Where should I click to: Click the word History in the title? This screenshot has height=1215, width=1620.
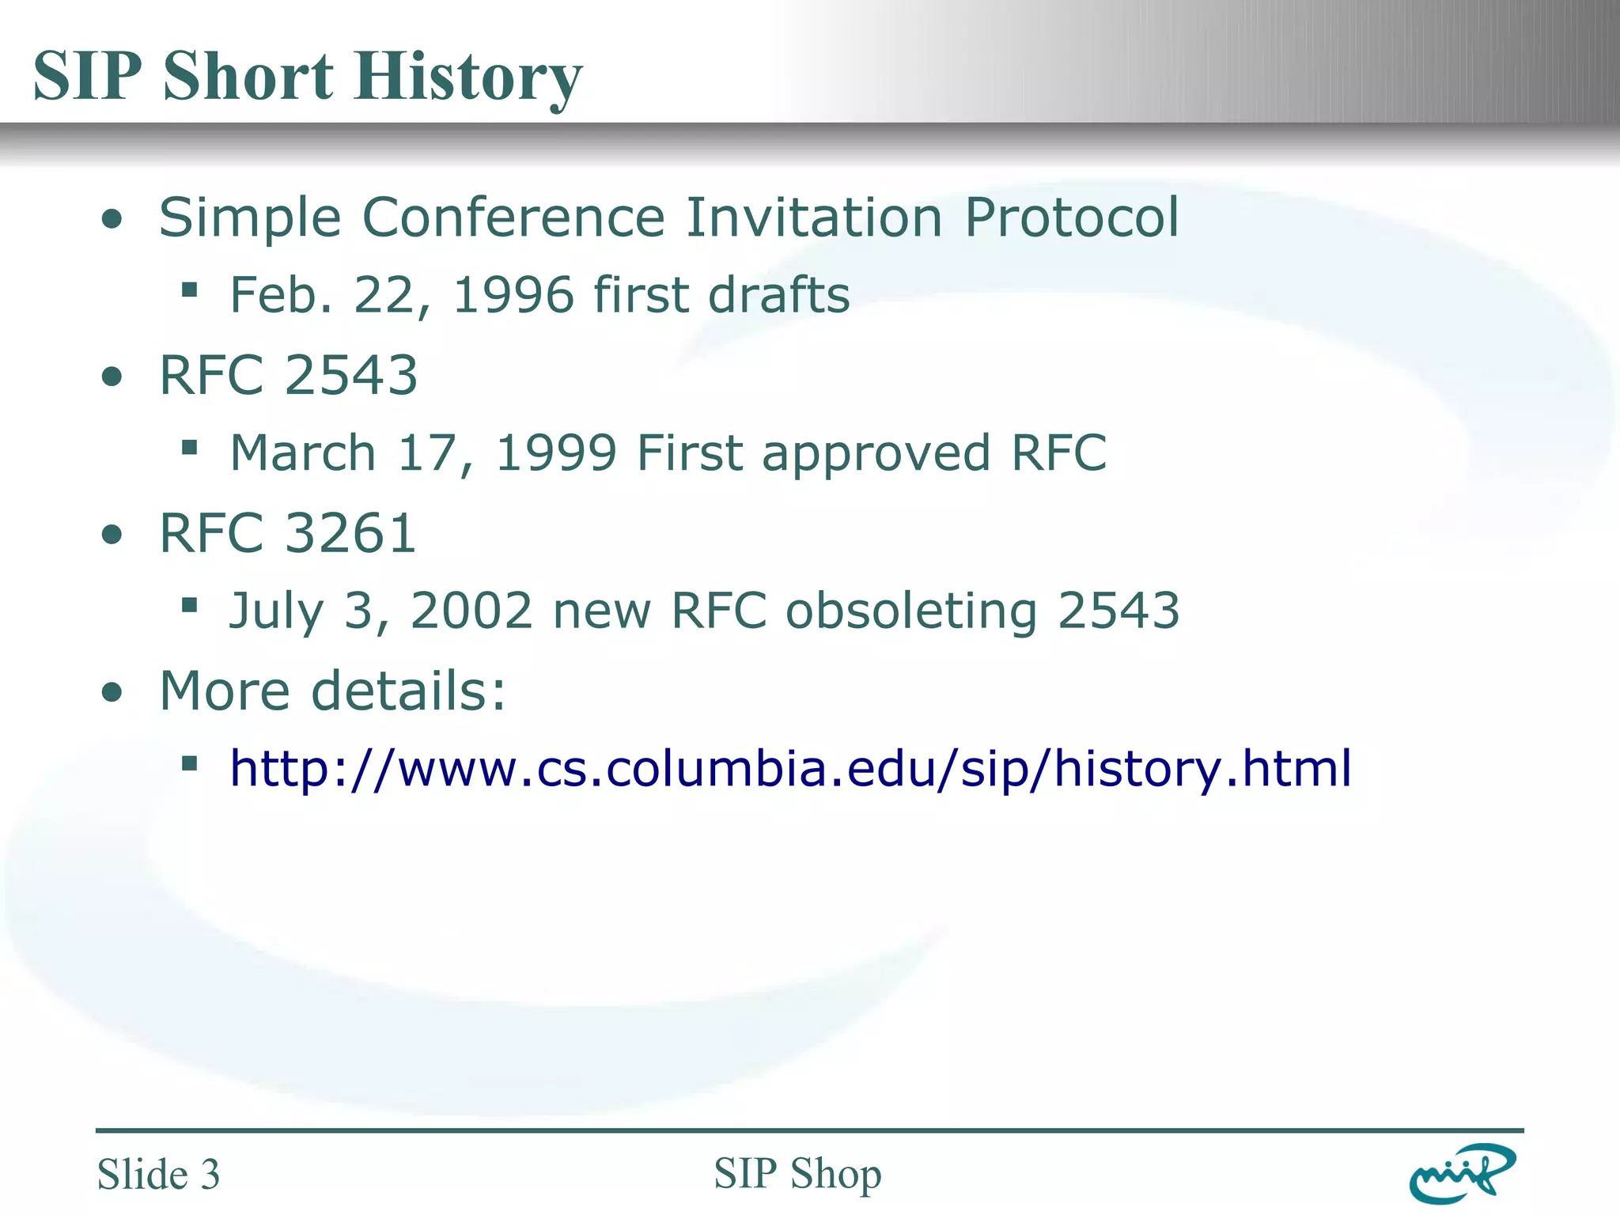(468, 78)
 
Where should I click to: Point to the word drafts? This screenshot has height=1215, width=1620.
(778, 295)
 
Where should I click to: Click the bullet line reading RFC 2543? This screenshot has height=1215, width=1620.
(288, 375)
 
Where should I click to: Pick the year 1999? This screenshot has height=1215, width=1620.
(555, 453)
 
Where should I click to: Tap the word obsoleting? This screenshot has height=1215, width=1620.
(911, 611)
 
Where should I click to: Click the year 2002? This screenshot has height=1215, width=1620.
(471, 611)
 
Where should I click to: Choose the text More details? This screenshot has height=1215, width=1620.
(332, 691)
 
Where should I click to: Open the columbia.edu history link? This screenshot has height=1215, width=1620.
(790, 769)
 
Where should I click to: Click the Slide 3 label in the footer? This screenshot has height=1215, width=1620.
(158, 1174)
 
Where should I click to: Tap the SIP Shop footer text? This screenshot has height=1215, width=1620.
(797, 1173)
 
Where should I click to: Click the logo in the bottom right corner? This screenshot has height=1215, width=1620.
(1462, 1173)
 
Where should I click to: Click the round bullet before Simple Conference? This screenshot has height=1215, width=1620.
(113, 219)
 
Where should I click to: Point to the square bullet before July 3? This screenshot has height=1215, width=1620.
(189, 606)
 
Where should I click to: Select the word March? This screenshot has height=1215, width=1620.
(303, 453)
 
